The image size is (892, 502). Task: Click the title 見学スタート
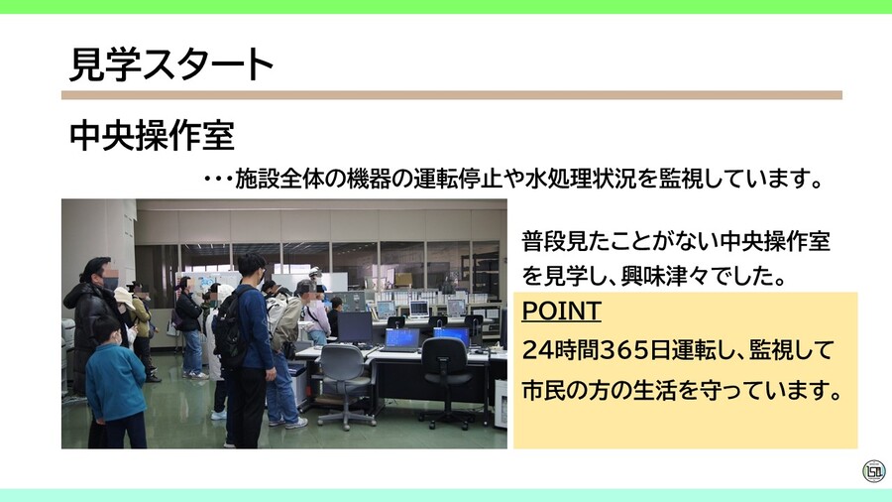point(170,64)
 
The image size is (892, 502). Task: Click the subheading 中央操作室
point(152,137)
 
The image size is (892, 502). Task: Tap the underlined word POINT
point(561,312)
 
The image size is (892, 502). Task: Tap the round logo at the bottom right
point(873,471)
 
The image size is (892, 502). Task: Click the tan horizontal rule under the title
point(451,95)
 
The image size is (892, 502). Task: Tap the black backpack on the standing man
point(230,326)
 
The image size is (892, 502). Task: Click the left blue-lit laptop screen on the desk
point(402,337)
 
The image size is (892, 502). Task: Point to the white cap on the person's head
point(123,295)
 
